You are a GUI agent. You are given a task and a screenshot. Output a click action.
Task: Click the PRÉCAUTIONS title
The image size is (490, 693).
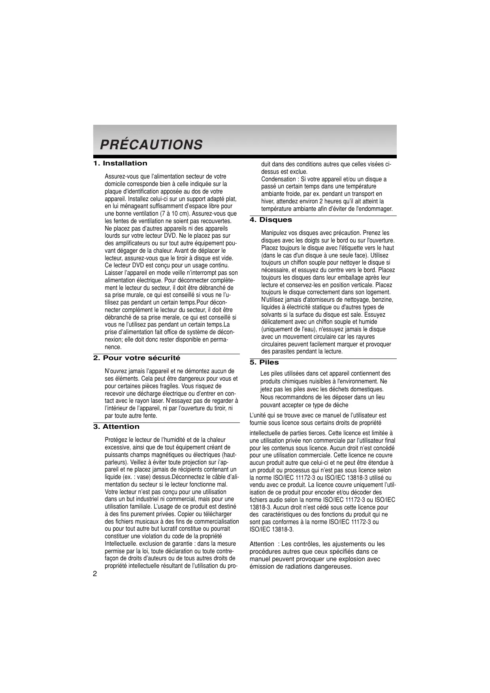tap(151, 145)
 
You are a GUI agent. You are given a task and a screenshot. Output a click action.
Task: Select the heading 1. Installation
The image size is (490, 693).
tap(120, 163)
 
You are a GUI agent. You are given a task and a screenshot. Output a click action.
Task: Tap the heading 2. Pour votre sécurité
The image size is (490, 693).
tap(137, 358)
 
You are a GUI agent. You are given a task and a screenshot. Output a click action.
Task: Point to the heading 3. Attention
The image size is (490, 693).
tap(116, 427)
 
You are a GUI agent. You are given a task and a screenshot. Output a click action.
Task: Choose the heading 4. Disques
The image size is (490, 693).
tap(271, 220)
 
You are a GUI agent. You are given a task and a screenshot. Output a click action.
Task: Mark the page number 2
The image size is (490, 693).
tap(95, 574)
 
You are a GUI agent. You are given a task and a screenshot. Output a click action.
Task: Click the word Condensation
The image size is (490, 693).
tap(278, 179)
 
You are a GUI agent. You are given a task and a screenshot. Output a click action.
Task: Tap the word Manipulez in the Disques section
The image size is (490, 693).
tap(274, 233)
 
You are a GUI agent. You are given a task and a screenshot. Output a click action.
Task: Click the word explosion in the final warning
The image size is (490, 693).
tap(351, 559)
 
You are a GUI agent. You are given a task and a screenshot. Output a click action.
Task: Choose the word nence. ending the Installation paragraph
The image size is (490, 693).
tap(113, 347)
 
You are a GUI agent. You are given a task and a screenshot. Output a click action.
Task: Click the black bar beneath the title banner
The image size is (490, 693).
tap(245, 157)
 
